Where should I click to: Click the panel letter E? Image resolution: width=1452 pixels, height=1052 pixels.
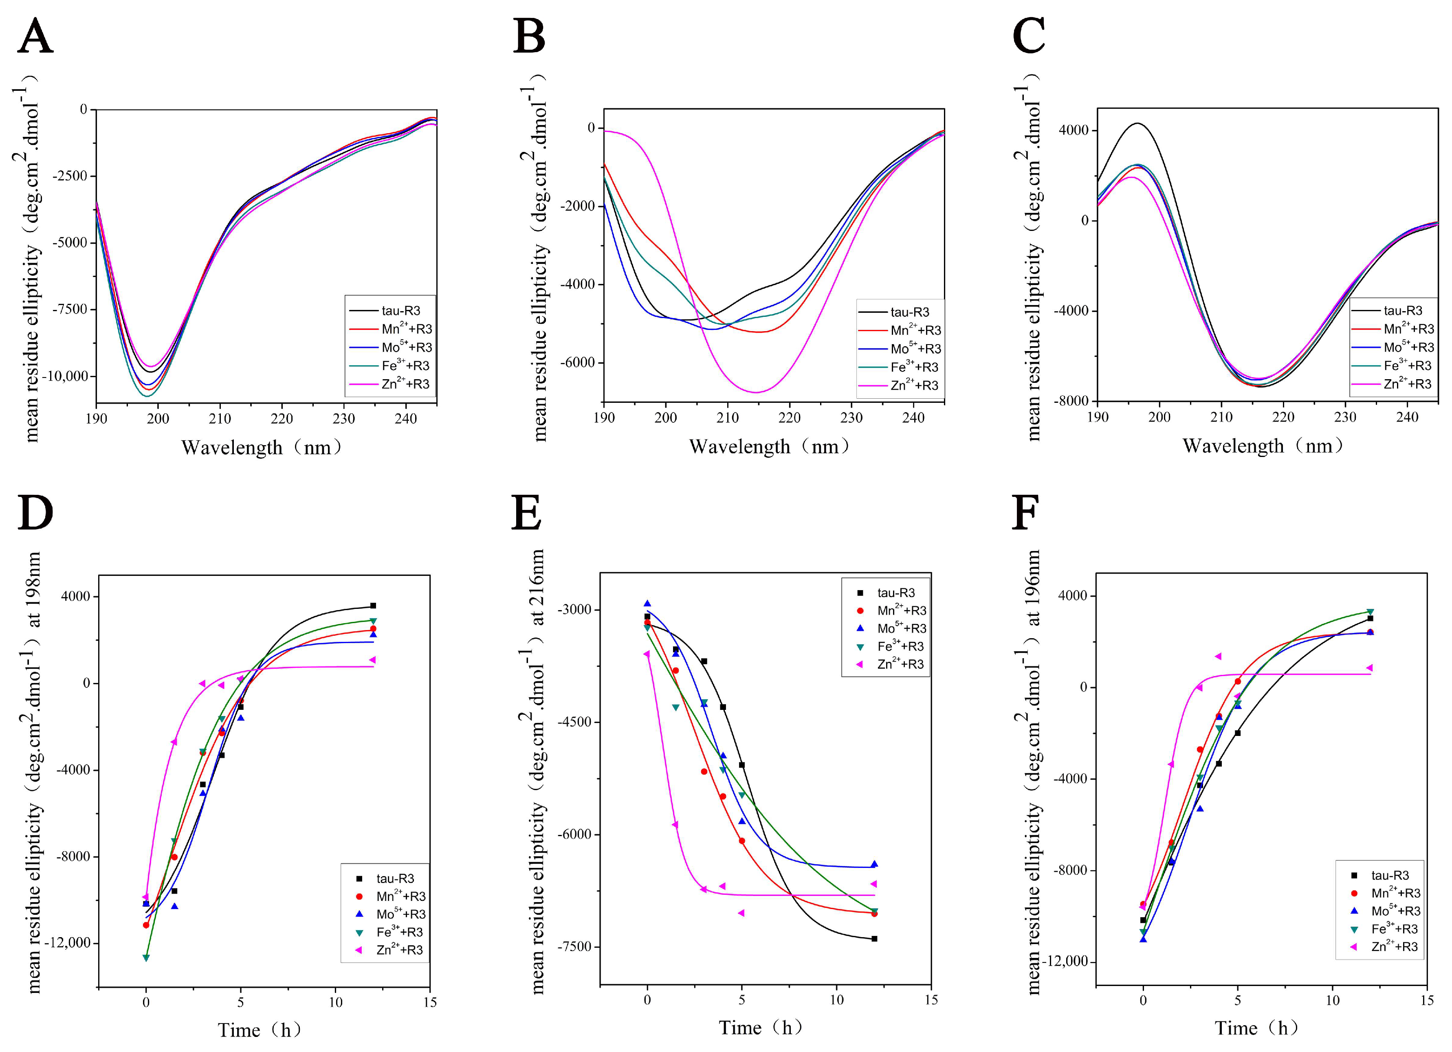point(526,513)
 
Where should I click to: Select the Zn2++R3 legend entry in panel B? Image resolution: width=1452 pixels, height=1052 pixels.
point(900,385)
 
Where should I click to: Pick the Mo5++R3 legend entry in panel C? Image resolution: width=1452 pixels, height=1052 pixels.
point(1393,347)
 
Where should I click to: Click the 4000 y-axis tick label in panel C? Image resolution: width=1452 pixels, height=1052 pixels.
point(1074,131)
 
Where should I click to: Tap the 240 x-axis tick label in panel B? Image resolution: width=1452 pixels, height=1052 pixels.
point(913,418)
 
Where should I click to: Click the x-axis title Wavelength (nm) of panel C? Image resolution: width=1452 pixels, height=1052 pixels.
point(1261,446)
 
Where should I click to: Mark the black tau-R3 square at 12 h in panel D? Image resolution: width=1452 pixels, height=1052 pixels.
point(373,605)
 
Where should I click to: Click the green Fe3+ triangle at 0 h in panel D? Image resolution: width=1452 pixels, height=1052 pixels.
point(146,957)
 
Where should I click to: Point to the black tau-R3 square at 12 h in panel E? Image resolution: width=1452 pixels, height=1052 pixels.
point(874,939)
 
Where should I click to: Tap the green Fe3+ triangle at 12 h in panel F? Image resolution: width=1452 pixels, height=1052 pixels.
point(1370,612)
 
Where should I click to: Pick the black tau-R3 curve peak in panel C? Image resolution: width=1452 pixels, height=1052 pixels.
point(1137,123)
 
